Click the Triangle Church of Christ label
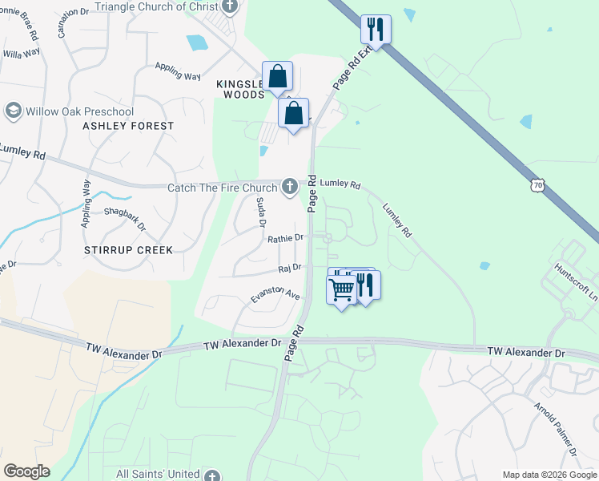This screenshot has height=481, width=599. [x=155, y=6]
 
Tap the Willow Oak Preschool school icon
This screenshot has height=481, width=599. [x=13, y=110]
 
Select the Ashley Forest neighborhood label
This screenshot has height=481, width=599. [x=128, y=126]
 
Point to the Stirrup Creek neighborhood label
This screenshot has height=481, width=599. [x=128, y=250]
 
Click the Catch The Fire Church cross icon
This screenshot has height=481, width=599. [x=290, y=187]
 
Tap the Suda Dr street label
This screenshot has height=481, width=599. [x=260, y=212]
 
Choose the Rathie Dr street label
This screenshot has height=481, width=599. [x=285, y=238]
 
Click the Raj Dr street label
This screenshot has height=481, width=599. [x=289, y=268]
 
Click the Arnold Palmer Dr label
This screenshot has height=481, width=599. [x=556, y=430]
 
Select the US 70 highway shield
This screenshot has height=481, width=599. [x=537, y=184]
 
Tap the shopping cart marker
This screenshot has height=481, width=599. [x=342, y=289]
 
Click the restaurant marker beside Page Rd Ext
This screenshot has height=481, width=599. [x=376, y=30]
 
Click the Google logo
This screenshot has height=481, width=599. [x=26, y=471]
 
